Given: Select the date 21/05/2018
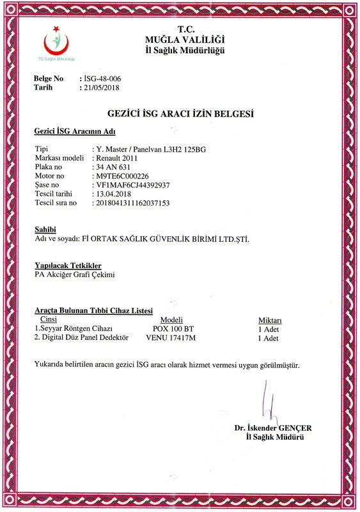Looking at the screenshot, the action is tap(99, 88).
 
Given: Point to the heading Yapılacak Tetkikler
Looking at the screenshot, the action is tap(67, 265).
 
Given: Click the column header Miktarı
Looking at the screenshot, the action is tap(269, 319).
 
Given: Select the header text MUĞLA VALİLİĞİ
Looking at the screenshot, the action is tap(185, 40).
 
